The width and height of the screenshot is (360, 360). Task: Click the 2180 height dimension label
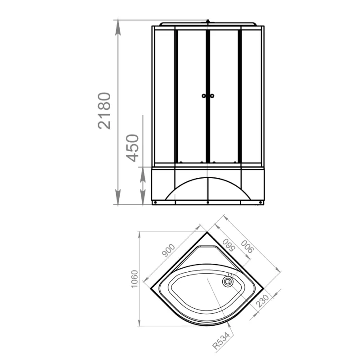coord(104,111)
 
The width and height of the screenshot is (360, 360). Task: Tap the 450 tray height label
coord(132,148)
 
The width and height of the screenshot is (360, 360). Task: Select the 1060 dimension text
coord(134,279)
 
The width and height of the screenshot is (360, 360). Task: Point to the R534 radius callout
coord(221,341)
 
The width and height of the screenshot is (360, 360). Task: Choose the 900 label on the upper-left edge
coord(168,250)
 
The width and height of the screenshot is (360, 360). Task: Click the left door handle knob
coord(204,96)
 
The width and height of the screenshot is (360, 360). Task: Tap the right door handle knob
coord(212,96)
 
